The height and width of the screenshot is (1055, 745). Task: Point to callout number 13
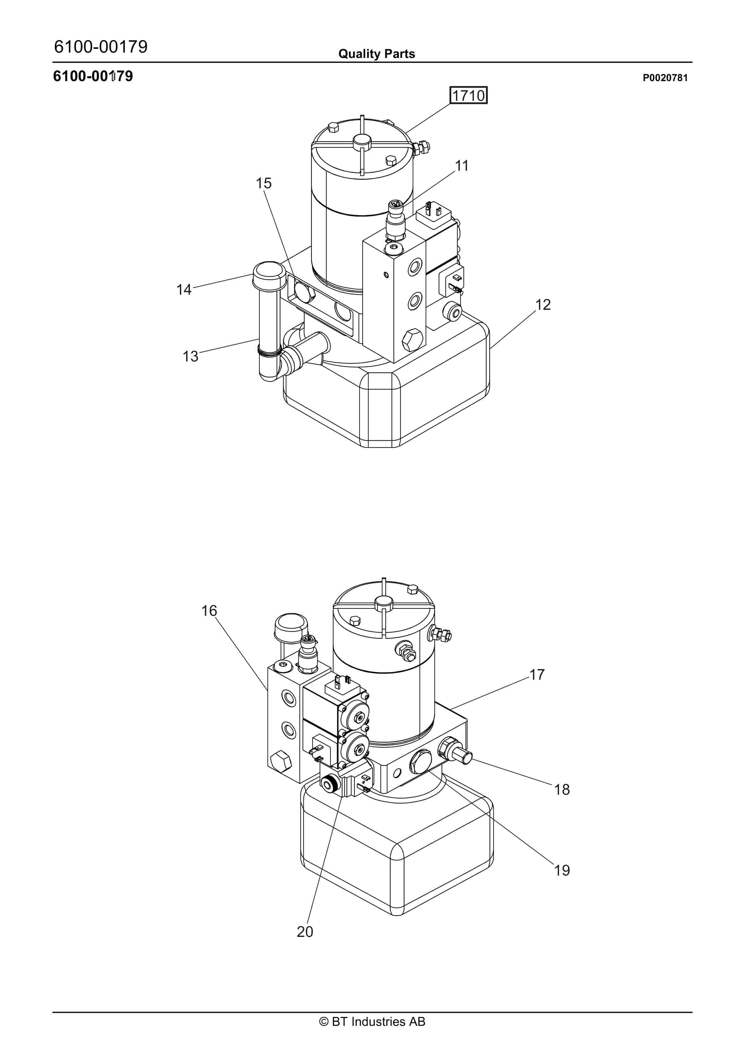click(x=190, y=356)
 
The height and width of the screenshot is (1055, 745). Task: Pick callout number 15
click(x=264, y=183)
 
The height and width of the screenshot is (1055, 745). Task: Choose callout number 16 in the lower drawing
click(x=209, y=611)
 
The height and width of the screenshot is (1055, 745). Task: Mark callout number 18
click(x=562, y=789)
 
